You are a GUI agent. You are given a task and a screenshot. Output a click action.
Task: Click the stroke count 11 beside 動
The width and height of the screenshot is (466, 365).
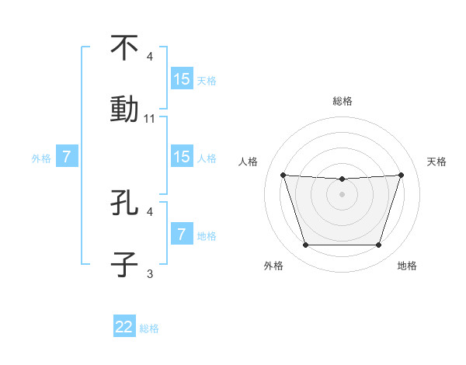point(150,119)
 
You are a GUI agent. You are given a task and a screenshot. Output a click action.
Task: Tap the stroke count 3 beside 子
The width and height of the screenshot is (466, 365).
point(150,273)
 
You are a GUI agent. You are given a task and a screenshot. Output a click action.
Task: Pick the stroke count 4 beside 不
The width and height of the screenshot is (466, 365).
point(150,57)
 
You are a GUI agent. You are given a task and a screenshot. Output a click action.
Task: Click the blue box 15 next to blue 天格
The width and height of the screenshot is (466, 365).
point(181,79)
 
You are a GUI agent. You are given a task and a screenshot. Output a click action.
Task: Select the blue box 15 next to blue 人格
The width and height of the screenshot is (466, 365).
point(181,157)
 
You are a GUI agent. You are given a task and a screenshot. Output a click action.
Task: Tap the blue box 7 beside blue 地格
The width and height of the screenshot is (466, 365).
point(181,234)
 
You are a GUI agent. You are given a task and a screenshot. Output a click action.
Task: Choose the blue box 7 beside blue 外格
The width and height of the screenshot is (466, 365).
point(67,157)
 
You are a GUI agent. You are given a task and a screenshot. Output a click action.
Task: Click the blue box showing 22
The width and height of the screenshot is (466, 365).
point(124,327)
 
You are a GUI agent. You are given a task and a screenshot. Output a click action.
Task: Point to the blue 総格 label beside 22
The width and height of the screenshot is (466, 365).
point(149,328)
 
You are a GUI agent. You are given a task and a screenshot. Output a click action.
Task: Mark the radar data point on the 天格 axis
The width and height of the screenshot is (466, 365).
point(401,175)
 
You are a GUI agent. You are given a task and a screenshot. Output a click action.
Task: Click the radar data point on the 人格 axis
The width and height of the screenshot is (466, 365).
point(283,175)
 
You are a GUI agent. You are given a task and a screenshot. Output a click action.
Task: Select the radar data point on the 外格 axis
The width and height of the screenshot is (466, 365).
point(305,245)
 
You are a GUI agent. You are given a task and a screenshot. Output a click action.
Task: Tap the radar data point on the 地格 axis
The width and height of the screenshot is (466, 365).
point(378,245)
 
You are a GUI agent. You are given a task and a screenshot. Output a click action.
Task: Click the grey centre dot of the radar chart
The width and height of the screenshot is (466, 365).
point(342,194)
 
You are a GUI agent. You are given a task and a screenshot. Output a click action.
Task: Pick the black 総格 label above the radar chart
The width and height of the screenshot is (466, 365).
point(342,101)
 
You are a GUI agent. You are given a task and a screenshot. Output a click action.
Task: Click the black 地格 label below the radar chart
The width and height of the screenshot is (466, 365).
point(407,266)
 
